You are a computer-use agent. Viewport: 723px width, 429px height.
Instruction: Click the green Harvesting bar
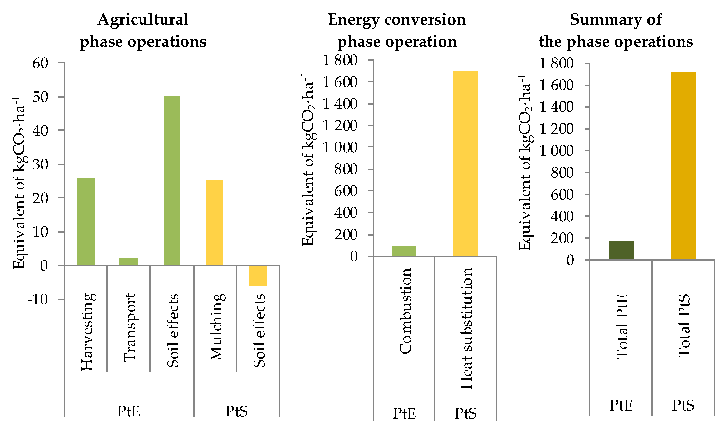click(85, 221)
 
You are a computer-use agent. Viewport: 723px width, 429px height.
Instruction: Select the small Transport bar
click(128, 261)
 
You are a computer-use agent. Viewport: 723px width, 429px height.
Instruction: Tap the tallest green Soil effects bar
click(172, 180)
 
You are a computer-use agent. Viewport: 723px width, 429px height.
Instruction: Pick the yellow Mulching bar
click(214, 222)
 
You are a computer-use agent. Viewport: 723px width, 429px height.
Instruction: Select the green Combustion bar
click(404, 251)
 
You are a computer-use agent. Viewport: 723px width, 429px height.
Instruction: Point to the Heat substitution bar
click(465, 164)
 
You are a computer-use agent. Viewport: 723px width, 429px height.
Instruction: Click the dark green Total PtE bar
click(621, 250)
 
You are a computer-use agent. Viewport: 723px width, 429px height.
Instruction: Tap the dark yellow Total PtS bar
click(683, 166)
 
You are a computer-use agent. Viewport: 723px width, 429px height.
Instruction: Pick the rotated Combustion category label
click(405, 311)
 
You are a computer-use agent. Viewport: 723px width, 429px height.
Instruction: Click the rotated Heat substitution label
click(466, 328)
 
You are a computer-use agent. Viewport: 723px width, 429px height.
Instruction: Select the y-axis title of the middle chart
click(308, 159)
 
